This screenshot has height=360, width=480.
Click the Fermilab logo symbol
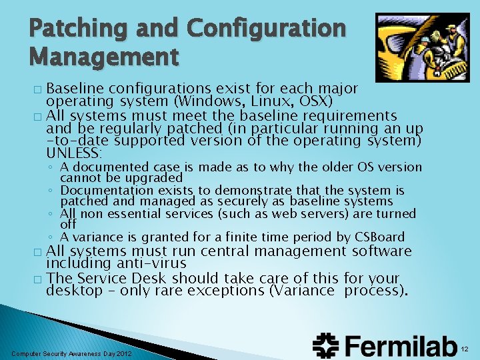[327, 346]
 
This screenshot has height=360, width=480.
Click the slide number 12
[466, 348]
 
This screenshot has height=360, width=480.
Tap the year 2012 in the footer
[123, 353]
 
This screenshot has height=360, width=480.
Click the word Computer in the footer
[27, 353]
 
